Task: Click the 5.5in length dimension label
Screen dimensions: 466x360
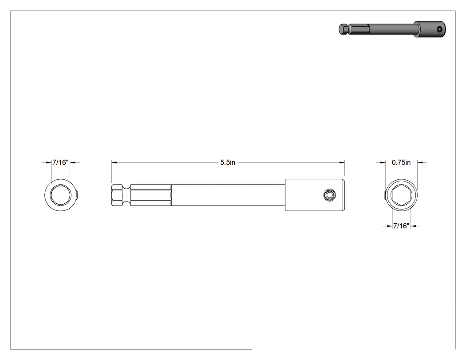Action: [x=228, y=162]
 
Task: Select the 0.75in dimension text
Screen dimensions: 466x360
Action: [x=401, y=162]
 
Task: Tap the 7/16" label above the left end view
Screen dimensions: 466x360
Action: [x=61, y=162]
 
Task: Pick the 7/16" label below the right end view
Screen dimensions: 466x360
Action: [x=402, y=226]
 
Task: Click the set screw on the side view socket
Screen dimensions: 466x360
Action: [x=329, y=195]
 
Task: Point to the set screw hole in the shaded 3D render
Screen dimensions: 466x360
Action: [x=440, y=29]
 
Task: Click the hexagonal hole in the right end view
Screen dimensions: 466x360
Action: [x=401, y=195]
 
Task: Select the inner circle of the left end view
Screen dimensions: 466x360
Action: [x=61, y=195]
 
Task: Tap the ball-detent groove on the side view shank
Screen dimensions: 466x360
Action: [x=127, y=195]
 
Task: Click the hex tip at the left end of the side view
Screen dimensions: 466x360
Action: [x=118, y=195]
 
